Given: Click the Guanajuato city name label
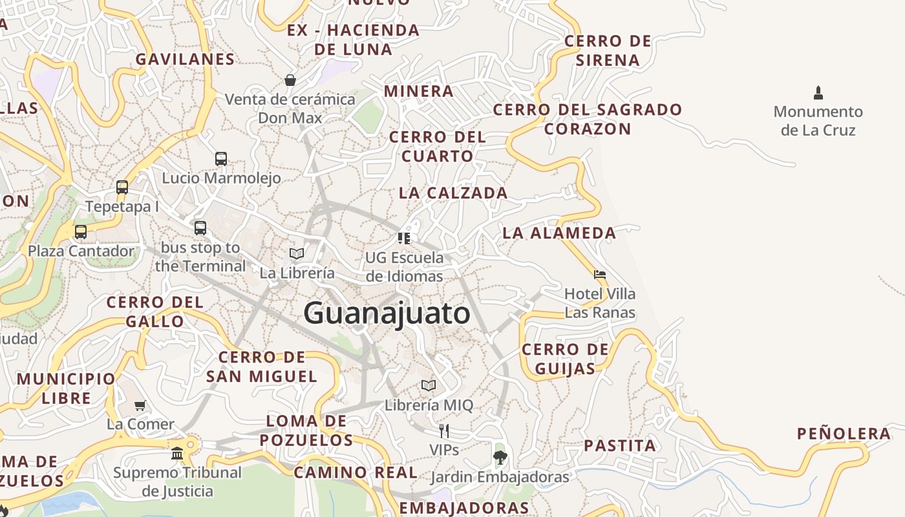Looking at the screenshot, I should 387,313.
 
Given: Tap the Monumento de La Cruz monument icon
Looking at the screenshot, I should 818,92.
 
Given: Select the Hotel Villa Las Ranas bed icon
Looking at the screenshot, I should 600,274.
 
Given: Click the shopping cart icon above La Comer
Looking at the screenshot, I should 140,405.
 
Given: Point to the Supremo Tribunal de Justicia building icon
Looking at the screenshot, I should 177,453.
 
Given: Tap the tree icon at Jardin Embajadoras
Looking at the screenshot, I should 500,458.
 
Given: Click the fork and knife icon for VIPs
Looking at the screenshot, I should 444,430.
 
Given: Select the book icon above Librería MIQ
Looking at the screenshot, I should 429,386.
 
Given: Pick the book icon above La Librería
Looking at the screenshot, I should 297,253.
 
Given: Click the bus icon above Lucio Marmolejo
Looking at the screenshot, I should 221,158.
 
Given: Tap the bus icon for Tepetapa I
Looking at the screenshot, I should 122,187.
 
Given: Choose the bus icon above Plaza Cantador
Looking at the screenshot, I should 81,231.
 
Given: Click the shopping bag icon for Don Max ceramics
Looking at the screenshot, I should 290,80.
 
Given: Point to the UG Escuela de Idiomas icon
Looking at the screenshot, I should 404,238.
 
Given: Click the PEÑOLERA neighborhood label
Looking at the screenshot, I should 844,434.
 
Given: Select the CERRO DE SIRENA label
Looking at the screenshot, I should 608,50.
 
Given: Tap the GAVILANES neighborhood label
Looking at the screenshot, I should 185,59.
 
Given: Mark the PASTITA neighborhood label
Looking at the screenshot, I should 620,445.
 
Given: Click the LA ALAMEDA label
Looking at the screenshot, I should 559,233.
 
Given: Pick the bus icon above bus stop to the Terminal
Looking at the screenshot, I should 200,227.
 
